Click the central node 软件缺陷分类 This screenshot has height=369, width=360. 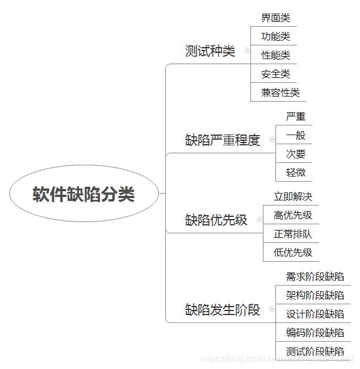83,194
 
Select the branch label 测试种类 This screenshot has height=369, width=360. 210,51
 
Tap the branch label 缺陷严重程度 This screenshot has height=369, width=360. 222,140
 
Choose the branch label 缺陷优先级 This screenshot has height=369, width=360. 216,220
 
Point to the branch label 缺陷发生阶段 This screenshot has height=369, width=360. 222,309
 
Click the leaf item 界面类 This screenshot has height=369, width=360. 275,18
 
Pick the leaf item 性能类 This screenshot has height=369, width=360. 275,55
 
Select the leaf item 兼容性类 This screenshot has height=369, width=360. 280,92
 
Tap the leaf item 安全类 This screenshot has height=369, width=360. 275,74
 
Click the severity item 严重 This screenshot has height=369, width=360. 295,116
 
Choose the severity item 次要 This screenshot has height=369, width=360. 295,154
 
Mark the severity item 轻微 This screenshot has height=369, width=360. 295,172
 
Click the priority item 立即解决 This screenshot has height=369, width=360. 292,196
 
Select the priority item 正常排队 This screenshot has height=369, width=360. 292,234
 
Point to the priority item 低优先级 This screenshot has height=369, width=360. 292,252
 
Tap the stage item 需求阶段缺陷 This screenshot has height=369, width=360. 315,276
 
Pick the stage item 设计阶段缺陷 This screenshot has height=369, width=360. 315,314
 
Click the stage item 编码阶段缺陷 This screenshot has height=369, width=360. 315,332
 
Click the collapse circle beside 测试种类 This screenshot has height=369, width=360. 247,51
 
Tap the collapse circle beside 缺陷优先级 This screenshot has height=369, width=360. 259,219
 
